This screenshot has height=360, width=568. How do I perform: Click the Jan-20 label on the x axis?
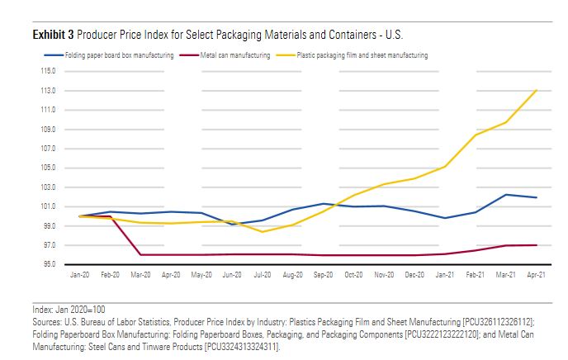coord(79,275)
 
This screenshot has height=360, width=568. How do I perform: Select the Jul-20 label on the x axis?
coord(263,275)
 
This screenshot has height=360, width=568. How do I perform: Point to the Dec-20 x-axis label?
coord(415,275)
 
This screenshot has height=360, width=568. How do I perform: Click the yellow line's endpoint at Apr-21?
coord(537,90)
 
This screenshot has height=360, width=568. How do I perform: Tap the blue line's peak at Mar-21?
coord(507,195)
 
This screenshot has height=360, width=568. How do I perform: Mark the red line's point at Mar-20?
coord(140,254)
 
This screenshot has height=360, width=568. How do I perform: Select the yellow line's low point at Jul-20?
coord(263,231)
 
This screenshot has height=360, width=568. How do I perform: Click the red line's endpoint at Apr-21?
coord(537,244)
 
